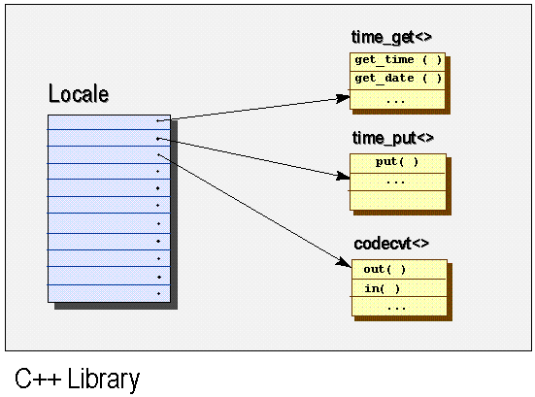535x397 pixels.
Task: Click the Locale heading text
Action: pyautogui.click(x=79, y=95)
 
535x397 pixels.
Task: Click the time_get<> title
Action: pyautogui.click(x=391, y=37)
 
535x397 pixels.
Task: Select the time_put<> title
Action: pyautogui.click(x=391, y=138)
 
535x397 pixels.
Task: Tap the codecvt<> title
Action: pyautogui.click(x=391, y=244)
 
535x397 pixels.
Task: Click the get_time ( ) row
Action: pyautogui.click(x=397, y=60)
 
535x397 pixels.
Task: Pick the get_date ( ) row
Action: pyautogui.click(x=397, y=79)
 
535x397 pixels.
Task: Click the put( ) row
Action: pyautogui.click(x=397, y=162)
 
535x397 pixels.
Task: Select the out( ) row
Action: pyautogui.click(x=397, y=269)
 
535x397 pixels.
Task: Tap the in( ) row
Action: pyautogui.click(x=397, y=288)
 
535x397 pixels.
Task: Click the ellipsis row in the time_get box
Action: pyautogui.click(x=397, y=98)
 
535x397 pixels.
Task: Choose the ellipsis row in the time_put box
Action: pyautogui.click(x=397, y=182)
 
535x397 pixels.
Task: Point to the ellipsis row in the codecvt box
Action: pyautogui.click(x=397, y=307)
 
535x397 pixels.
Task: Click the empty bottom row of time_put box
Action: pyautogui.click(x=397, y=200)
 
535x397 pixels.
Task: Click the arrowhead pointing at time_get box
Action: pyautogui.click(x=343, y=97)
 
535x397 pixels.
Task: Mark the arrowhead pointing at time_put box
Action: pyautogui.click(x=343, y=178)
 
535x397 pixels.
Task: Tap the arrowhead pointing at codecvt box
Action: pyautogui.click(x=343, y=261)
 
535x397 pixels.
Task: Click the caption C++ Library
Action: pyautogui.click(x=77, y=379)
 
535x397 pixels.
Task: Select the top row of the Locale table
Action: pyautogui.click(x=109, y=120)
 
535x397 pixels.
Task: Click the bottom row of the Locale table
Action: pyautogui.click(x=109, y=294)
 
